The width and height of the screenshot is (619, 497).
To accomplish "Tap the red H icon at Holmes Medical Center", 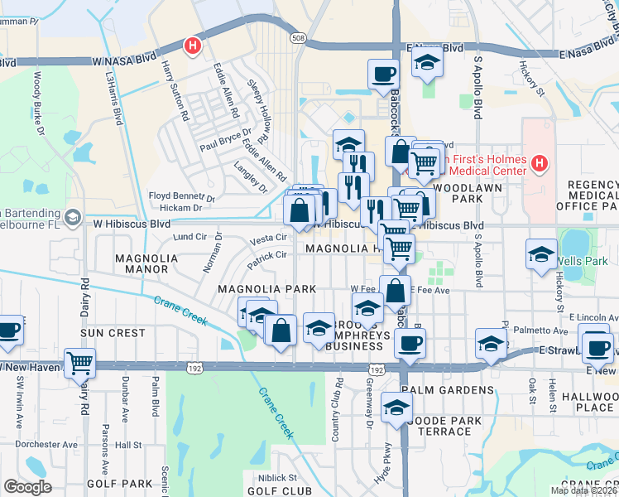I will (x=540, y=163).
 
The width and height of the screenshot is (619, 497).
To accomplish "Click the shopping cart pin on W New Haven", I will (x=80, y=362).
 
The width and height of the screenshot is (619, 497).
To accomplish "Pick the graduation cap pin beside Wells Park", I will (x=541, y=254).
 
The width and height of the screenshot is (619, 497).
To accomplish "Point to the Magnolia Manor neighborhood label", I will (x=146, y=263).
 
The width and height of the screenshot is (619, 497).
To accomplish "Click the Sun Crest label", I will (x=113, y=332).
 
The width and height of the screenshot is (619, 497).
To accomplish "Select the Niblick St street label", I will (x=276, y=477).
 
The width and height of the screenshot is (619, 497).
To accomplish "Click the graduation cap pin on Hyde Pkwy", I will (x=397, y=408).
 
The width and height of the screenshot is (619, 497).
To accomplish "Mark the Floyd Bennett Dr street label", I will (x=181, y=196).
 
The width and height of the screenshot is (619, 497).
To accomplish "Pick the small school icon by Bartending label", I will (x=72, y=217).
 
